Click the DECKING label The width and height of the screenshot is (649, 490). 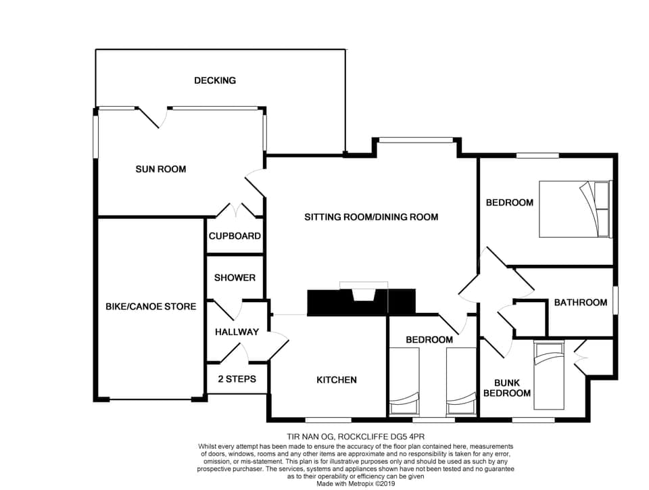(x=215, y=80)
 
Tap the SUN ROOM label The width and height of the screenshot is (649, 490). (x=160, y=169)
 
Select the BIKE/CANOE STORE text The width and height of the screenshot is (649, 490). (x=151, y=306)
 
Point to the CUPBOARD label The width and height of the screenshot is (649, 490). (x=235, y=237)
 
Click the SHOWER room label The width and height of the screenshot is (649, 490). (x=235, y=278)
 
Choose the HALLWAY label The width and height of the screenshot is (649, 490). (x=237, y=332)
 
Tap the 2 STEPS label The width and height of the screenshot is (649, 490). (x=237, y=379)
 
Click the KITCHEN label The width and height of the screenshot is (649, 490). (x=337, y=380)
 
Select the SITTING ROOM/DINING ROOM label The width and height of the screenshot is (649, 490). (x=371, y=217)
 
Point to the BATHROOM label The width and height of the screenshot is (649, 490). (x=581, y=302)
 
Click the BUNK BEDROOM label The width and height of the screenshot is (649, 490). (x=507, y=387)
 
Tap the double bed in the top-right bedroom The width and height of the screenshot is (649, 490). (x=575, y=209)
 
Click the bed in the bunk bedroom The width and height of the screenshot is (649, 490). (x=548, y=376)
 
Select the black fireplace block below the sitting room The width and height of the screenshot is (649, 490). (x=361, y=303)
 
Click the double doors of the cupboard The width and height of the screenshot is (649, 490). (x=235, y=211)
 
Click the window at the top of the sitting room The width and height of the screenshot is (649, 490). (x=415, y=140)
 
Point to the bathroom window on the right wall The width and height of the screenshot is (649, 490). (x=615, y=299)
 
